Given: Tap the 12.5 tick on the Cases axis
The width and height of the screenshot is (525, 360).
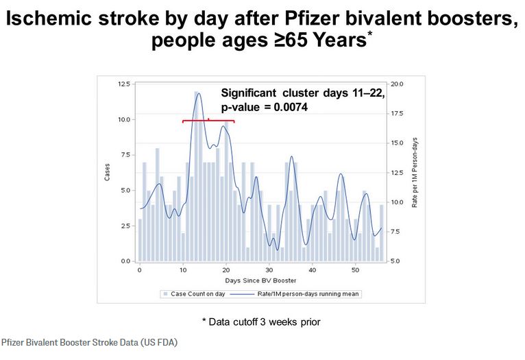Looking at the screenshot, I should (124, 84).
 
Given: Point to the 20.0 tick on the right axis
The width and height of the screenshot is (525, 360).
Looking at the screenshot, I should (398, 84).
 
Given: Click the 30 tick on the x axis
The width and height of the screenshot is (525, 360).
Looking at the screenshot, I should (269, 269).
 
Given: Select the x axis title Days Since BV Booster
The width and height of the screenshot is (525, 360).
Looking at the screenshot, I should (260, 280).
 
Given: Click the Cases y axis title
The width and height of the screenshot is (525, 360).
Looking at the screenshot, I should (107, 172).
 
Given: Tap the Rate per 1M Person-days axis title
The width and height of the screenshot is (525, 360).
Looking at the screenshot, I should (415, 172).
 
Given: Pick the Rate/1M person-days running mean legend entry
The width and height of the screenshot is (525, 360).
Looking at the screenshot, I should (295, 293).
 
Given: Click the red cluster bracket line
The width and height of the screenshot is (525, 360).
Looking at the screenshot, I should (208, 121).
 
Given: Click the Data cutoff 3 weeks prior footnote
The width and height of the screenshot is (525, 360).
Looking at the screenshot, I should (260, 322).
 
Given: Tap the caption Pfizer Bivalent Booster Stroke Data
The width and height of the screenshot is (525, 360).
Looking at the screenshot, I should (89, 341).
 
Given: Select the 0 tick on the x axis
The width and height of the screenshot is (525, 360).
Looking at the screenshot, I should (139, 269).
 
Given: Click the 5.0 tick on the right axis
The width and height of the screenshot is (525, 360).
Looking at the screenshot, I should (398, 261).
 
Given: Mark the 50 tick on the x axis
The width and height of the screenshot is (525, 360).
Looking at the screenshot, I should (355, 269).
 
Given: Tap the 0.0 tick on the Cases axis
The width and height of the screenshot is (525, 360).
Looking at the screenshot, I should (124, 261).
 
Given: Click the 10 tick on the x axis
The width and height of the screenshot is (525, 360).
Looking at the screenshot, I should (182, 269).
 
